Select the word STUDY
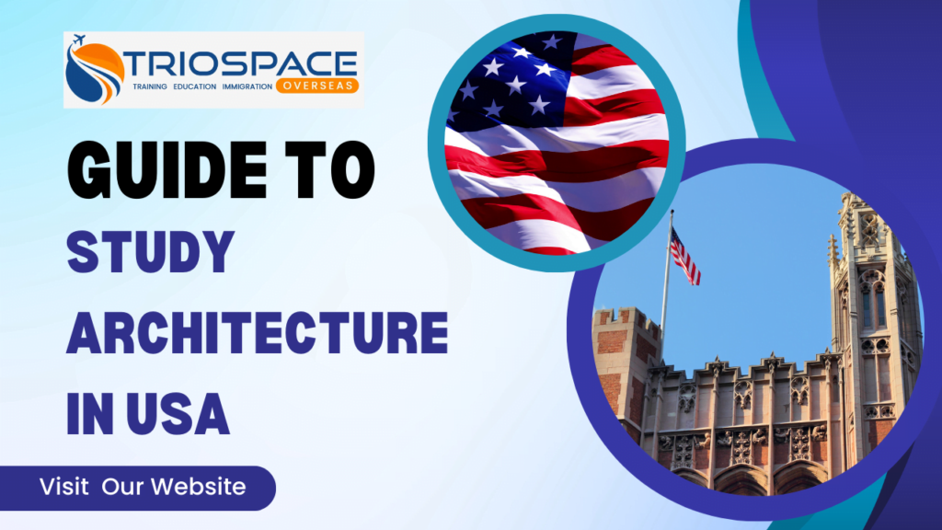(147, 248)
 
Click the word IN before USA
(89, 414)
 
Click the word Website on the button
(205, 487)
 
